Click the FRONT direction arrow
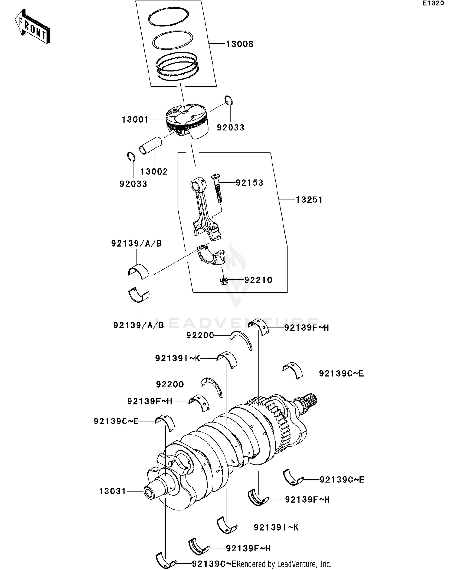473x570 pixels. tap(32, 27)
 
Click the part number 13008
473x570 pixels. tap(240, 44)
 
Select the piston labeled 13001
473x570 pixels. tap(187, 121)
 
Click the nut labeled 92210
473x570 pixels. tap(224, 280)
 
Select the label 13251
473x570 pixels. tap(309, 200)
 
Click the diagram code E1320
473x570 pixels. tap(433, 3)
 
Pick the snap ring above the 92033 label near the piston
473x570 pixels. tap(229, 100)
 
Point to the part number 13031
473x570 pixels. tap(112, 491)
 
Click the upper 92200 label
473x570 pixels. tap(200, 336)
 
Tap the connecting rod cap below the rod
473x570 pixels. tap(211, 255)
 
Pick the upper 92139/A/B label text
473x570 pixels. tap(136, 244)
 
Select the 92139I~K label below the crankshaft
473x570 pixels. tap(276, 527)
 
